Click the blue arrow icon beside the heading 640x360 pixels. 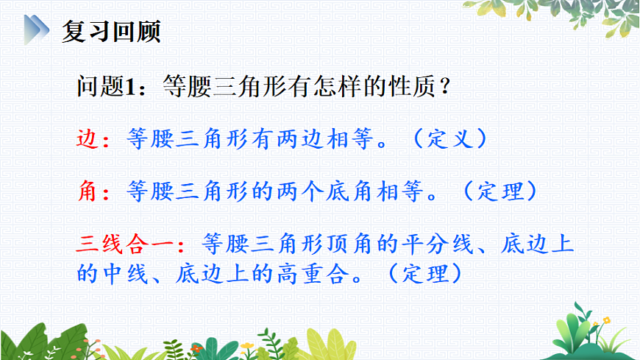(x=35, y=32)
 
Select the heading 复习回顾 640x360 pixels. (x=110, y=32)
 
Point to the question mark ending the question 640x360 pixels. (x=443, y=88)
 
